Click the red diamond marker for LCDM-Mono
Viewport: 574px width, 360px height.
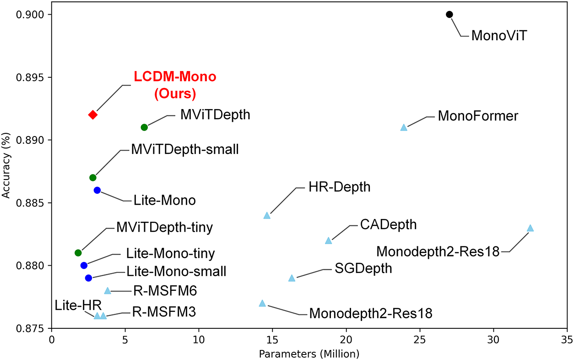point(93,115)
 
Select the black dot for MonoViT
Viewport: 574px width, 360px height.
point(449,14)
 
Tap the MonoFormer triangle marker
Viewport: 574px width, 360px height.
point(404,127)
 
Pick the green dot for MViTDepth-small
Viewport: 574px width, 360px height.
point(93,177)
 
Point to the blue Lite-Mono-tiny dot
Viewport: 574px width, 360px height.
point(84,265)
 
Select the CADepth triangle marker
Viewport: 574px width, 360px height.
point(328,240)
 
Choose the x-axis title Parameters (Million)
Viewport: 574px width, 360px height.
point(309,354)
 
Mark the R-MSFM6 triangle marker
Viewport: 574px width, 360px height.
point(108,290)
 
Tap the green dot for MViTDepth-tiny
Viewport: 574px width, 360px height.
point(78,253)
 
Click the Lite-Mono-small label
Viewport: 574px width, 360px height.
point(176,272)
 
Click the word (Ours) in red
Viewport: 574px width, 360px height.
point(175,93)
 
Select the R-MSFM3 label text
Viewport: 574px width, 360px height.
point(164,313)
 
